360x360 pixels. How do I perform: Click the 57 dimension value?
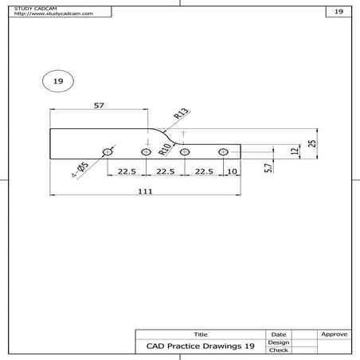coord(99,105)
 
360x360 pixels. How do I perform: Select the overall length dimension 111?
coord(145,191)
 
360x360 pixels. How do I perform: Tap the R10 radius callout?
coord(165,144)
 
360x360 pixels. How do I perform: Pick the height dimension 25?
coord(313,143)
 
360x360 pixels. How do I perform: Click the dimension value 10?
coord(232,171)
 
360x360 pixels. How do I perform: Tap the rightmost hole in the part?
coord(223,151)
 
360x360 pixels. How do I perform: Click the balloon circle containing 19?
coord(57,81)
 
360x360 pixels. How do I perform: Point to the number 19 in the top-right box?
coord(338,12)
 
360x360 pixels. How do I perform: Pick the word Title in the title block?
coord(201,335)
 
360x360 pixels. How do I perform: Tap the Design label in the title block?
coord(278,342)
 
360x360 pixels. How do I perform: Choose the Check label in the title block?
coord(278,350)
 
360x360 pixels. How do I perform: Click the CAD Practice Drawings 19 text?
coord(201,346)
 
